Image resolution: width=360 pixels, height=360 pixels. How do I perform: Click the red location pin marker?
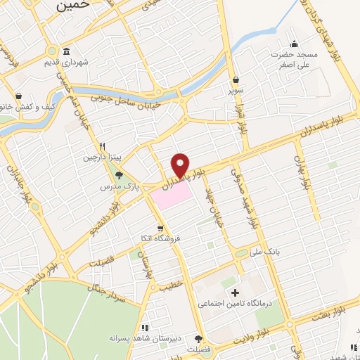click(x=181, y=164)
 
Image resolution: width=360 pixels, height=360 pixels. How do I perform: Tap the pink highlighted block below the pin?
click(x=172, y=195)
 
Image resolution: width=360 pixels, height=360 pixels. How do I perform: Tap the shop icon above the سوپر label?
click(x=233, y=80)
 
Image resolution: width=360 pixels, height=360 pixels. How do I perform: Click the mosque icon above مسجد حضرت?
click(x=295, y=41)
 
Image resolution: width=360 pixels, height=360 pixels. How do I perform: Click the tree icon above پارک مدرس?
click(x=118, y=175)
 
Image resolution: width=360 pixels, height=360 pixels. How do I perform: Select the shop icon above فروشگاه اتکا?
click(x=161, y=228)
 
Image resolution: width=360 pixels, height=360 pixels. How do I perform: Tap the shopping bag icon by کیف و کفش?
click(x=18, y=97)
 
